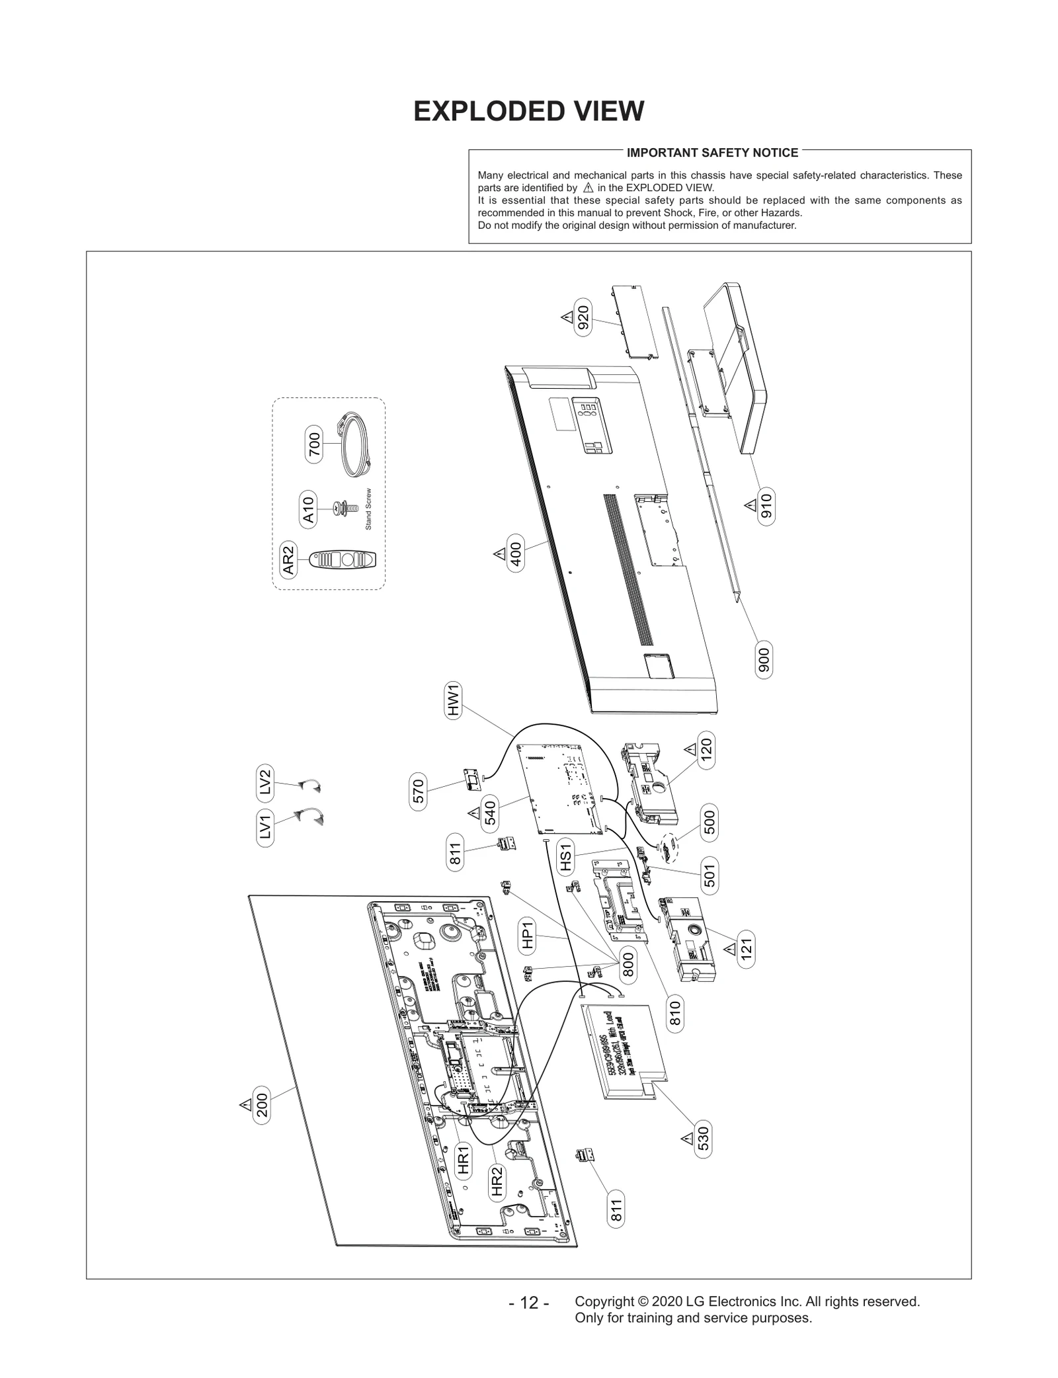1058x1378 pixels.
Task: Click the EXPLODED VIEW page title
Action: tap(528, 112)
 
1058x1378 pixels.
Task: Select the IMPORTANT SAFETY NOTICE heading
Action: tap(712, 153)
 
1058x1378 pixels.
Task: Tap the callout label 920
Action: tap(583, 318)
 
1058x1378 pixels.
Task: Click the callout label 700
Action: tap(314, 444)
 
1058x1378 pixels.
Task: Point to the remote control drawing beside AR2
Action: tap(342, 560)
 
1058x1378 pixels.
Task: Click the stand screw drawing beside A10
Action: tap(346, 508)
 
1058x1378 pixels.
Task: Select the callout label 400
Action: tap(516, 555)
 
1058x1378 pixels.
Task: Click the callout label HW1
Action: tap(454, 702)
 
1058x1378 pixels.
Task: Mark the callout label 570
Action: tap(418, 791)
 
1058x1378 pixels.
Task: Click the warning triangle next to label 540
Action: tap(473, 813)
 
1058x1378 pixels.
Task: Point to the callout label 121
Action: tap(747, 950)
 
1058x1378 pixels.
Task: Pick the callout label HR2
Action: tap(497, 1182)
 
